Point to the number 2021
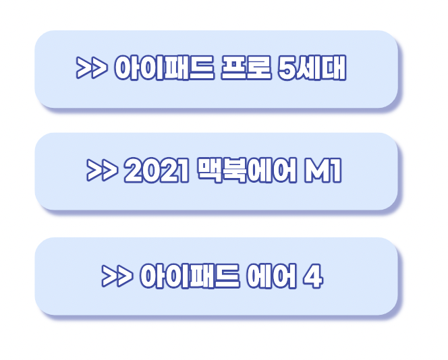[155, 172]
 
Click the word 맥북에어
[246, 172]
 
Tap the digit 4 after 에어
[312, 276]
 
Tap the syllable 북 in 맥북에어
[233, 172]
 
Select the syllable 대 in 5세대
[334, 68]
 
